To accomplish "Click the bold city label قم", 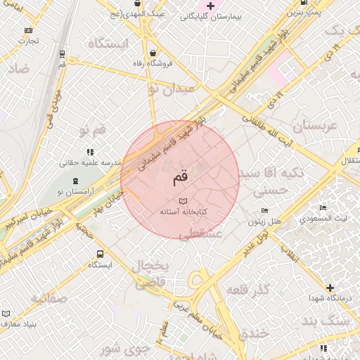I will pyautogui.click(x=181, y=179).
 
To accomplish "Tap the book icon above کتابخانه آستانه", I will pyautogui.click(x=184, y=201).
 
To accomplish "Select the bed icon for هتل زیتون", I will pyautogui.click(x=264, y=211).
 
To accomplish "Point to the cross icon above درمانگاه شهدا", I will pyautogui.click(x=330, y=287).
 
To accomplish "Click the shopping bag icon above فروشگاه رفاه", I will pyautogui.click(x=153, y=53).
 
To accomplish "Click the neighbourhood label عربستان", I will pyautogui.click(x=316, y=126).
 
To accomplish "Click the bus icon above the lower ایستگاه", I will pyautogui.click(x=99, y=254).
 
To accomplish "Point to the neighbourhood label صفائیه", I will pyautogui.click(x=49, y=298).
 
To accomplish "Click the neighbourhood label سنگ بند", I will pyautogui.click(x=325, y=321).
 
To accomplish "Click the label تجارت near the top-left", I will pyautogui.click(x=28, y=40).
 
